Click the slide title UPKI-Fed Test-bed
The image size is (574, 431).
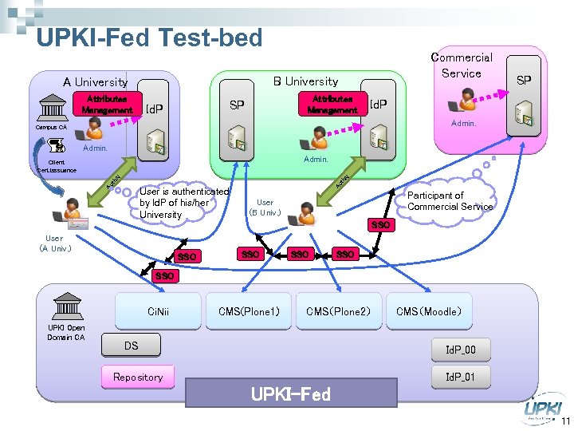click(149, 38)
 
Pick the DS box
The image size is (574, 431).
click(132, 345)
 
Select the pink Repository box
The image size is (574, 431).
click(138, 377)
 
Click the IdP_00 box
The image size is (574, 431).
click(460, 350)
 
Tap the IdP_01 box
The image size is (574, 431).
click(460, 377)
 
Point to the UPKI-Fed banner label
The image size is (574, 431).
click(291, 393)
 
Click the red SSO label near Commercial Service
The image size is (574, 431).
click(381, 225)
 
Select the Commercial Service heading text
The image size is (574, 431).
click(462, 65)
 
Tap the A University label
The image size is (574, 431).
click(95, 81)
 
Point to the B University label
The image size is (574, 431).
click(305, 81)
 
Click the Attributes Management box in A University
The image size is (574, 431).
click(107, 105)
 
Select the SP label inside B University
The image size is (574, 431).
click(237, 105)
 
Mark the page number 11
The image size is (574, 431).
click(564, 422)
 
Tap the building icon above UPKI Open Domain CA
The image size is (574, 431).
click(65, 306)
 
